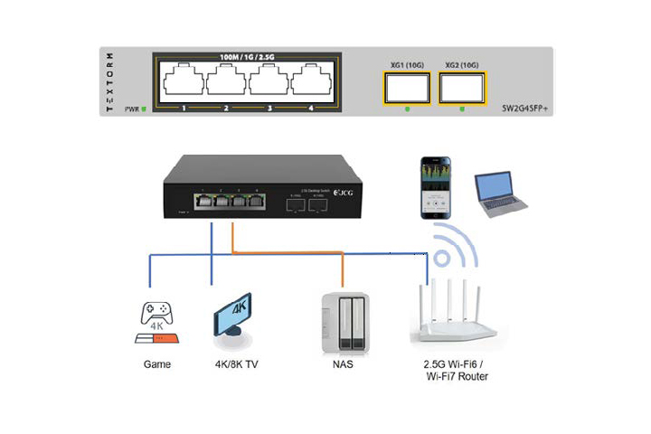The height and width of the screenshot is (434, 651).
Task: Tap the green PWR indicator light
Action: click(x=143, y=109)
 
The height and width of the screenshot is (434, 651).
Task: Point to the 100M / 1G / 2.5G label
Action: click(x=246, y=57)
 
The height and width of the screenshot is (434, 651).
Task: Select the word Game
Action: click(x=157, y=365)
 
